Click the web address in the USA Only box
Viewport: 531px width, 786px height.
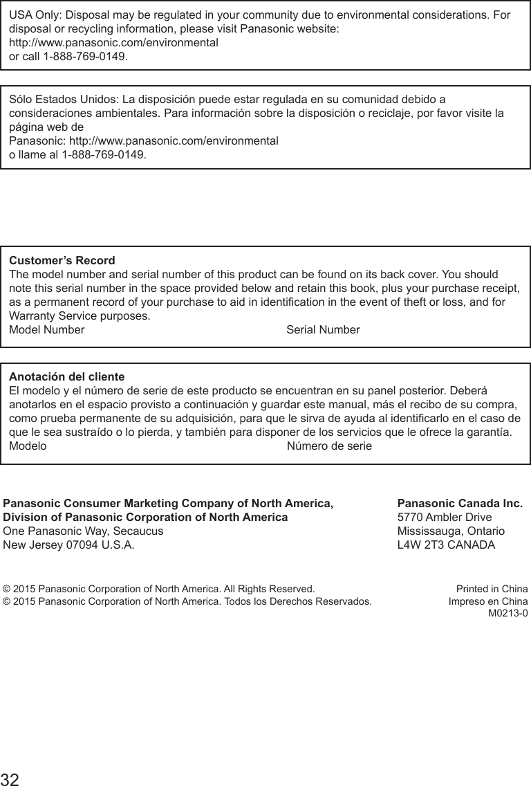(x=113, y=42)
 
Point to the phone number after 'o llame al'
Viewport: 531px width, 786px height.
(x=104, y=154)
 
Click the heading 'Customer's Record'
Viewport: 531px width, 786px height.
(x=62, y=261)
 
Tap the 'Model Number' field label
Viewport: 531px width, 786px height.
(x=46, y=329)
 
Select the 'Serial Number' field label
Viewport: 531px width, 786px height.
(x=323, y=329)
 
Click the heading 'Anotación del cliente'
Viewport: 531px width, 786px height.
(x=66, y=377)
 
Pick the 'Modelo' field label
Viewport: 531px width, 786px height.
(x=28, y=446)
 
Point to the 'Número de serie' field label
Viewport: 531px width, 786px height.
(x=329, y=446)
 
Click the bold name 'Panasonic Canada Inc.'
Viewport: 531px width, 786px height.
(x=460, y=503)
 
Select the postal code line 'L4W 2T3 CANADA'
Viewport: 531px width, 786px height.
(x=447, y=545)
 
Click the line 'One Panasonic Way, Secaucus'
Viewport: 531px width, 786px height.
(x=84, y=531)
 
